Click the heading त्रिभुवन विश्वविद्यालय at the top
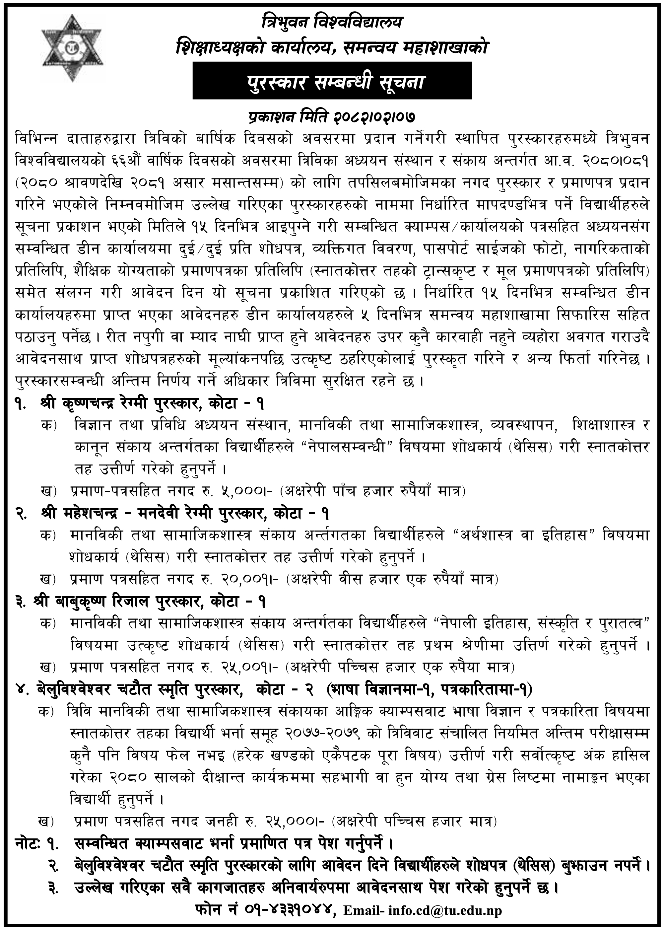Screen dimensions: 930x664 pyautogui.click(x=332, y=23)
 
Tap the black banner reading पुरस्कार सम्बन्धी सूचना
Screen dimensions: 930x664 pyautogui.click(x=332, y=81)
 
